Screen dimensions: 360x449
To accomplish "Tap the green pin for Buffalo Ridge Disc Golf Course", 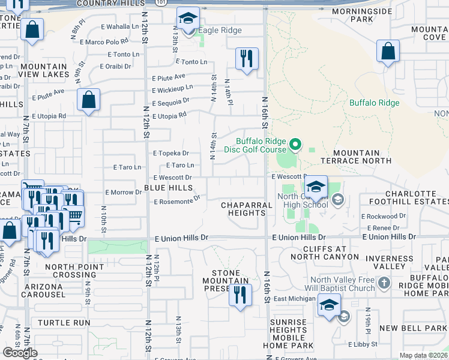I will click(295, 145).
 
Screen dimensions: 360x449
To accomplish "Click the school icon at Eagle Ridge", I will click(188, 20).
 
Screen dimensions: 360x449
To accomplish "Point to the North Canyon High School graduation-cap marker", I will click(316, 186).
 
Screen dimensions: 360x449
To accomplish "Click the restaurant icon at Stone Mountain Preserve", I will click(240, 295).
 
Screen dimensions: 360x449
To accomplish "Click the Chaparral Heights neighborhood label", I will click(247, 209).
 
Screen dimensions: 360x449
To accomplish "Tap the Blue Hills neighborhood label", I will click(169, 188).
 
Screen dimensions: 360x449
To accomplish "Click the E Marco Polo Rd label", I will click(107, 41).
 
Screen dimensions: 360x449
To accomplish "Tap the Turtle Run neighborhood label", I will click(64, 323).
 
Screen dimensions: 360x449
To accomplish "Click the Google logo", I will click(20, 352).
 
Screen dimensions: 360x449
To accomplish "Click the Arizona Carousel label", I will click(43, 290).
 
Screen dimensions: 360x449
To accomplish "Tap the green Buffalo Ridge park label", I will click(375, 103).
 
